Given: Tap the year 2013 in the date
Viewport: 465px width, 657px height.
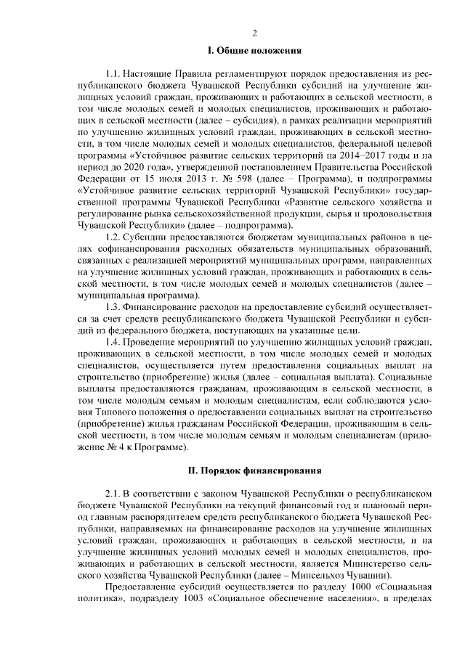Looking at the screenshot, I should [206, 179].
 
